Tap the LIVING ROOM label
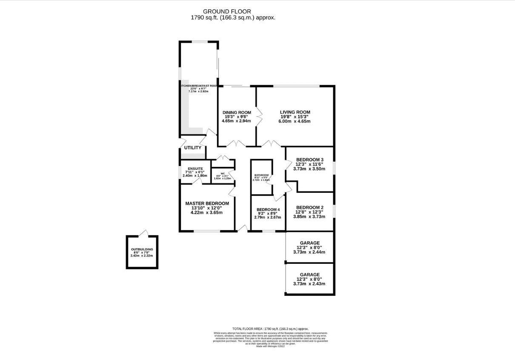click(x=295, y=112)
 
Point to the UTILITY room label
click(x=192, y=148)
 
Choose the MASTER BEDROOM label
click(x=207, y=203)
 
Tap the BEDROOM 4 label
click(x=268, y=210)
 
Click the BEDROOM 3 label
click(x=309, y=160)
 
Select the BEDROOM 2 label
click(x=309, y=208)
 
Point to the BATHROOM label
click(x=262, y=175)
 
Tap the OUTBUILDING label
click(x=142, y=249)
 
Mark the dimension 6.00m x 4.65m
click(x=295, y=121)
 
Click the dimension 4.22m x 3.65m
click(x=207, y=212)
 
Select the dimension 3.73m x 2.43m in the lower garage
click(x=309, y=284)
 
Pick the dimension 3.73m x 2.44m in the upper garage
click(x=309, y=252)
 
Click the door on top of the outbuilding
click(x=145, y=233)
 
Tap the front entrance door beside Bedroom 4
click(x=243, y=229)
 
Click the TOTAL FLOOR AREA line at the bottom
click(x=270, y=329)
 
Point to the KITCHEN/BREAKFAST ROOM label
click(x=199, y=86)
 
